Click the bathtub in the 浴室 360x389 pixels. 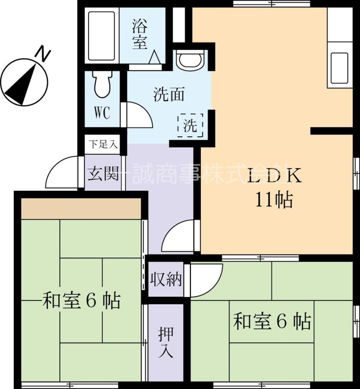point(102,36)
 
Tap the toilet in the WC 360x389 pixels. point(102,84)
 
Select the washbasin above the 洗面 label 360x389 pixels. point(190,60)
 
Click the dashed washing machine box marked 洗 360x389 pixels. point(190,125)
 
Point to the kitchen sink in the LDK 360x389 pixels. point(340,68)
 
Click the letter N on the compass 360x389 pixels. point(43,54)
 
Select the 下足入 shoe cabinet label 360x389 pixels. point(103,144)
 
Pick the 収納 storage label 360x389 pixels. point(166,279)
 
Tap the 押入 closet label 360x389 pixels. point(166,342)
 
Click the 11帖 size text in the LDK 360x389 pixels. point(274,200)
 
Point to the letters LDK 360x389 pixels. point(274,176)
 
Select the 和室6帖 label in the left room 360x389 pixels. point(81,301)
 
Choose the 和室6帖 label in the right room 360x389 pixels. point(272,321)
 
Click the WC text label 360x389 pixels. point(102,113)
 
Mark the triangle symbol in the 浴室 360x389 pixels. point(155,57)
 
